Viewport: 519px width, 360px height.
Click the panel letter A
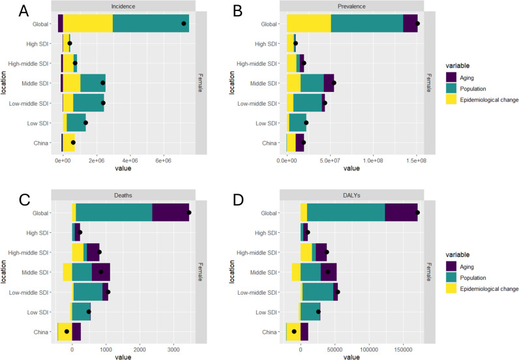tap(23, 11)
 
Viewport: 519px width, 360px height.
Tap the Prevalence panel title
tap(352, 7)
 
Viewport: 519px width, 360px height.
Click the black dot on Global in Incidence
tap(184, 23)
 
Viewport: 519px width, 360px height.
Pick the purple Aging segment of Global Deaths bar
tap(170, 213)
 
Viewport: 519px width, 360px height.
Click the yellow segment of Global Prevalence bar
tap(309, 23)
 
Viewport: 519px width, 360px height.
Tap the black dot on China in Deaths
tap(67, 332)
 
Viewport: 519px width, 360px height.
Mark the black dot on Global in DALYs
tap(417, 213)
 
